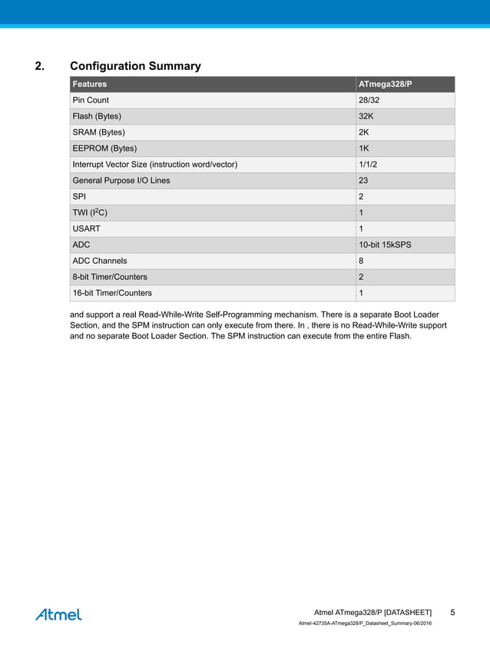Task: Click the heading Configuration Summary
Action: [x=135, y=66]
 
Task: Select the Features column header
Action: [x=89, y=84]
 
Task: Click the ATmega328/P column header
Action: [x=386, y=84]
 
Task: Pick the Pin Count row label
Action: [x=91, y=100]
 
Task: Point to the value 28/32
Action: [x=369, y=100]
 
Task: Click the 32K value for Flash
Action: [x=366, y=116]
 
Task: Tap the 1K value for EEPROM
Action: [x=364, y=148]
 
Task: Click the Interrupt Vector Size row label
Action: [x=154, y=165]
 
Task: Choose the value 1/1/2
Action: [x=368, y=165]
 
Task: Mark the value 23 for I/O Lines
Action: [x=363, y=181]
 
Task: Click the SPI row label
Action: [x=79, y=197]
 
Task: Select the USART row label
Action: [x=86, y=229]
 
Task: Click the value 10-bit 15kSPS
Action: [x=386, y=245]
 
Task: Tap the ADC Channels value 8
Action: [x=361, y=261]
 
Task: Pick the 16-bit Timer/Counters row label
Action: [x=111, y=293]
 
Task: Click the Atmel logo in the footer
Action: [x=58, y=614]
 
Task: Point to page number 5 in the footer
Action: [x=453, y=612]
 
